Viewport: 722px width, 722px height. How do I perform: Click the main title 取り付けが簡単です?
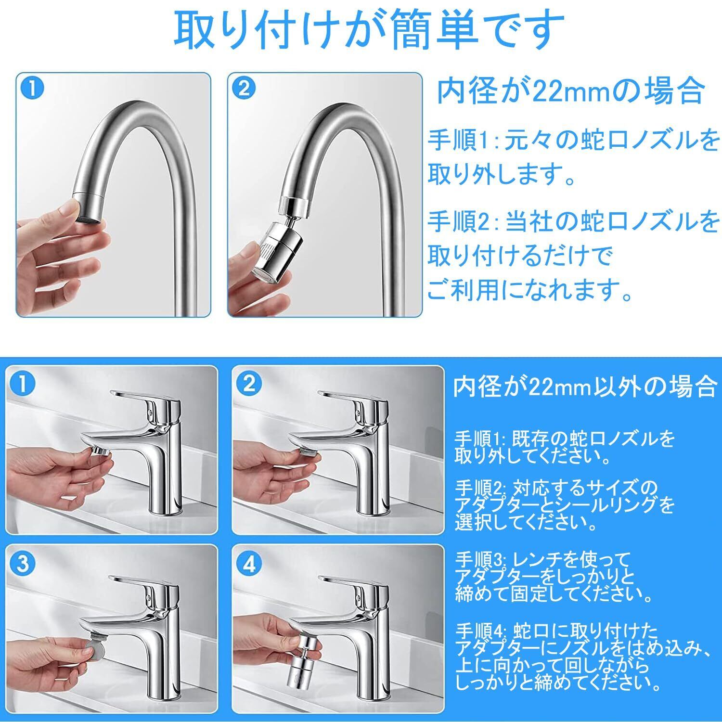point(369,30)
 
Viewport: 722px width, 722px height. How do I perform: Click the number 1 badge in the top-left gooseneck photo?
point(32,89)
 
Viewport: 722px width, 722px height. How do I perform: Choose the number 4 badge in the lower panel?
point(249,564)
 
